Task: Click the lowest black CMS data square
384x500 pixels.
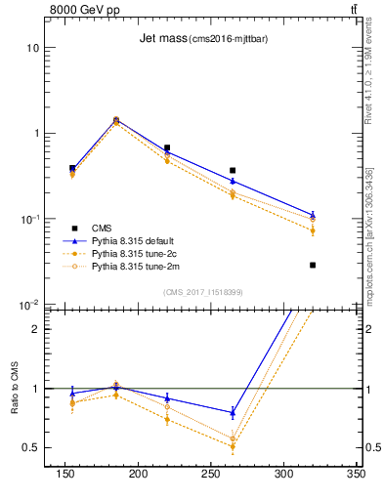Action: [313, 265]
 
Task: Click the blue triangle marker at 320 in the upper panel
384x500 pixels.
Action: [313, 215]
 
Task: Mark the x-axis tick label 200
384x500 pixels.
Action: [138, 474]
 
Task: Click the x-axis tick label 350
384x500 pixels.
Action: [356, 474]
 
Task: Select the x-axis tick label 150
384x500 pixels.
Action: [65, 474]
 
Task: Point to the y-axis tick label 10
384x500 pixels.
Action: [33, 48]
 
